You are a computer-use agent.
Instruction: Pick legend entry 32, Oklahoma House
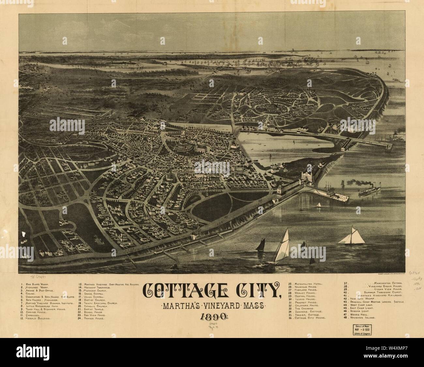coord(305,305)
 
